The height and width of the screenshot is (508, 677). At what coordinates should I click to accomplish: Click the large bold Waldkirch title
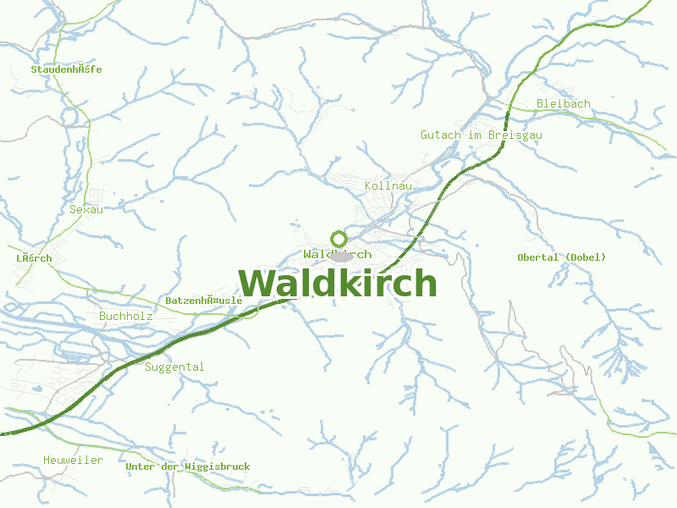point(338,284)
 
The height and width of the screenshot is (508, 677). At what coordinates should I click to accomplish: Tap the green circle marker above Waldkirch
point(338,238)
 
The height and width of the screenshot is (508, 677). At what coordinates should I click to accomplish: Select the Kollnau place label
point(388,185)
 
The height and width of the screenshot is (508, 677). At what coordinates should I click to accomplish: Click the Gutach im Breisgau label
point(482,135)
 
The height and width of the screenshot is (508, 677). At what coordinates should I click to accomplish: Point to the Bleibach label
point(563,103)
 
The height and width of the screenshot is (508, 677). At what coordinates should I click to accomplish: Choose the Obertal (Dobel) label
point(562,257)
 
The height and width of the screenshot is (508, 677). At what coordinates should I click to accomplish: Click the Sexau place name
point(86,209)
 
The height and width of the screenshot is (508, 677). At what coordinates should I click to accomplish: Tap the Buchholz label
point(126,316)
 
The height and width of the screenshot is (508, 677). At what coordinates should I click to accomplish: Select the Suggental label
point(174,367)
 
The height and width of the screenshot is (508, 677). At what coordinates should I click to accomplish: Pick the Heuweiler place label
point(73,460)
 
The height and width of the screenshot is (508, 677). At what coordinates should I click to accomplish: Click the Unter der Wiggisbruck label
point(187,467)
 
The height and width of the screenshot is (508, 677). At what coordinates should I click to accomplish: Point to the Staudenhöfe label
point(66,69)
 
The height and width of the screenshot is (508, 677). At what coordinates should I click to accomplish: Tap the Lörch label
point(34,258)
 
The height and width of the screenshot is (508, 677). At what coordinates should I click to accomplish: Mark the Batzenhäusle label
point(204,301)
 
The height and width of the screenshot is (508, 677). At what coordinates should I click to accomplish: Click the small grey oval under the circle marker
point(339,256)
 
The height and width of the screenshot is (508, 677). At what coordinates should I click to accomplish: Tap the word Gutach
point(441,135)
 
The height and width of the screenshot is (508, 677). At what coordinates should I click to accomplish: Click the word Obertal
point(537,257)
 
